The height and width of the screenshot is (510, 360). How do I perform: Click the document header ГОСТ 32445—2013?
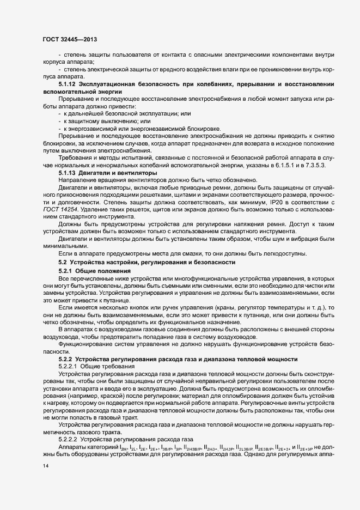[x=70, y=40]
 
